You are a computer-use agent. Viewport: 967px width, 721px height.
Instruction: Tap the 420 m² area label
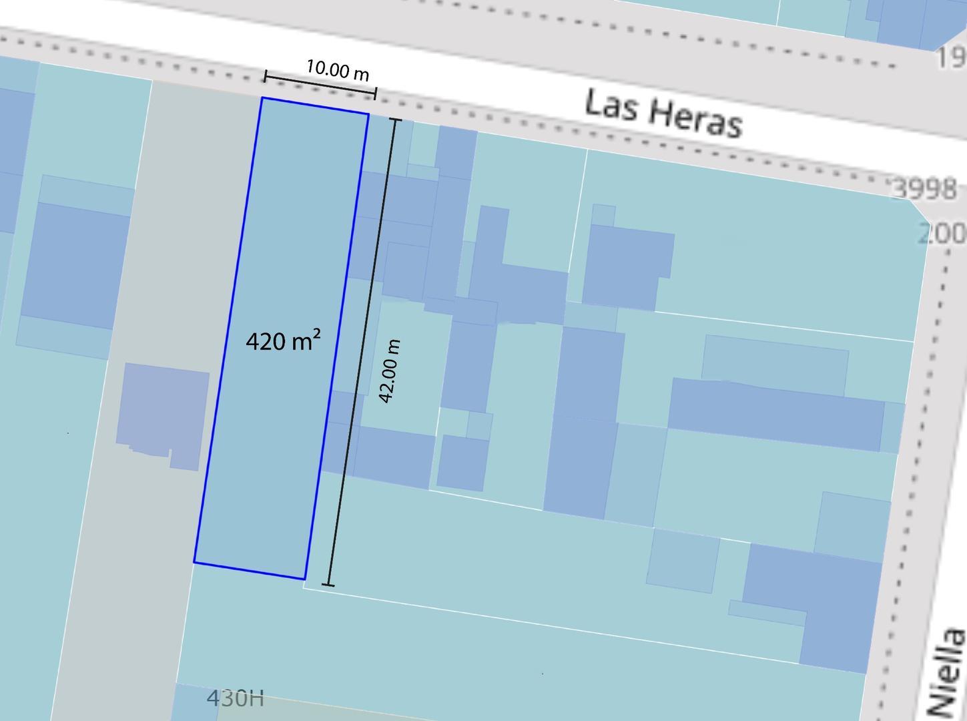pyautogui.click(x=283, y=340)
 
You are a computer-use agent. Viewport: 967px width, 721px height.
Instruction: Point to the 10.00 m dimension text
pyautogui.click(x=338, y=69)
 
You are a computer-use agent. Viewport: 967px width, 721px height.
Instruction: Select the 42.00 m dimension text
pyautogui.click(x=390, y=371)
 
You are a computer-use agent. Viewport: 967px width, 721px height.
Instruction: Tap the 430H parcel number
pyautogui.click(x=235, y=698)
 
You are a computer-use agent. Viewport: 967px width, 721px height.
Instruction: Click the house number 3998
pyautogui.click(x=924, y=190)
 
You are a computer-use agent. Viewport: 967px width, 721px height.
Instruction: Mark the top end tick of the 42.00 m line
pyautogui.click(x=396, y=120)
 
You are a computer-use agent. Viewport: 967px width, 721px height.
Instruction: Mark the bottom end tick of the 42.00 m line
pyautogui.click(x=328, y=585)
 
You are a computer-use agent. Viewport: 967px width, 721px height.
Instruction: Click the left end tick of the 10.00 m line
pyautogui.click(x=266, y=76)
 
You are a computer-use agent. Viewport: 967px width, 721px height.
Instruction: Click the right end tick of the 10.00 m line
pyautogui.click(x=375, y=93)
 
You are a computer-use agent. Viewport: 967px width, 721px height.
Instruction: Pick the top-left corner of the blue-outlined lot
pyautogui.click(x=262, y=98)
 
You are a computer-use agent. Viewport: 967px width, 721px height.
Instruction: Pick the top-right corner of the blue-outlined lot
pyautogui.click(x=368, y=114)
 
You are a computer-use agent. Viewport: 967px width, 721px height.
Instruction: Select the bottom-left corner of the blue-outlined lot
pyautogui.click(x=194, y=562)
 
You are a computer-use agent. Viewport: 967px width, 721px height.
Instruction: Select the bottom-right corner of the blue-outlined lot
pyautogui.click(x=305, y=579)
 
